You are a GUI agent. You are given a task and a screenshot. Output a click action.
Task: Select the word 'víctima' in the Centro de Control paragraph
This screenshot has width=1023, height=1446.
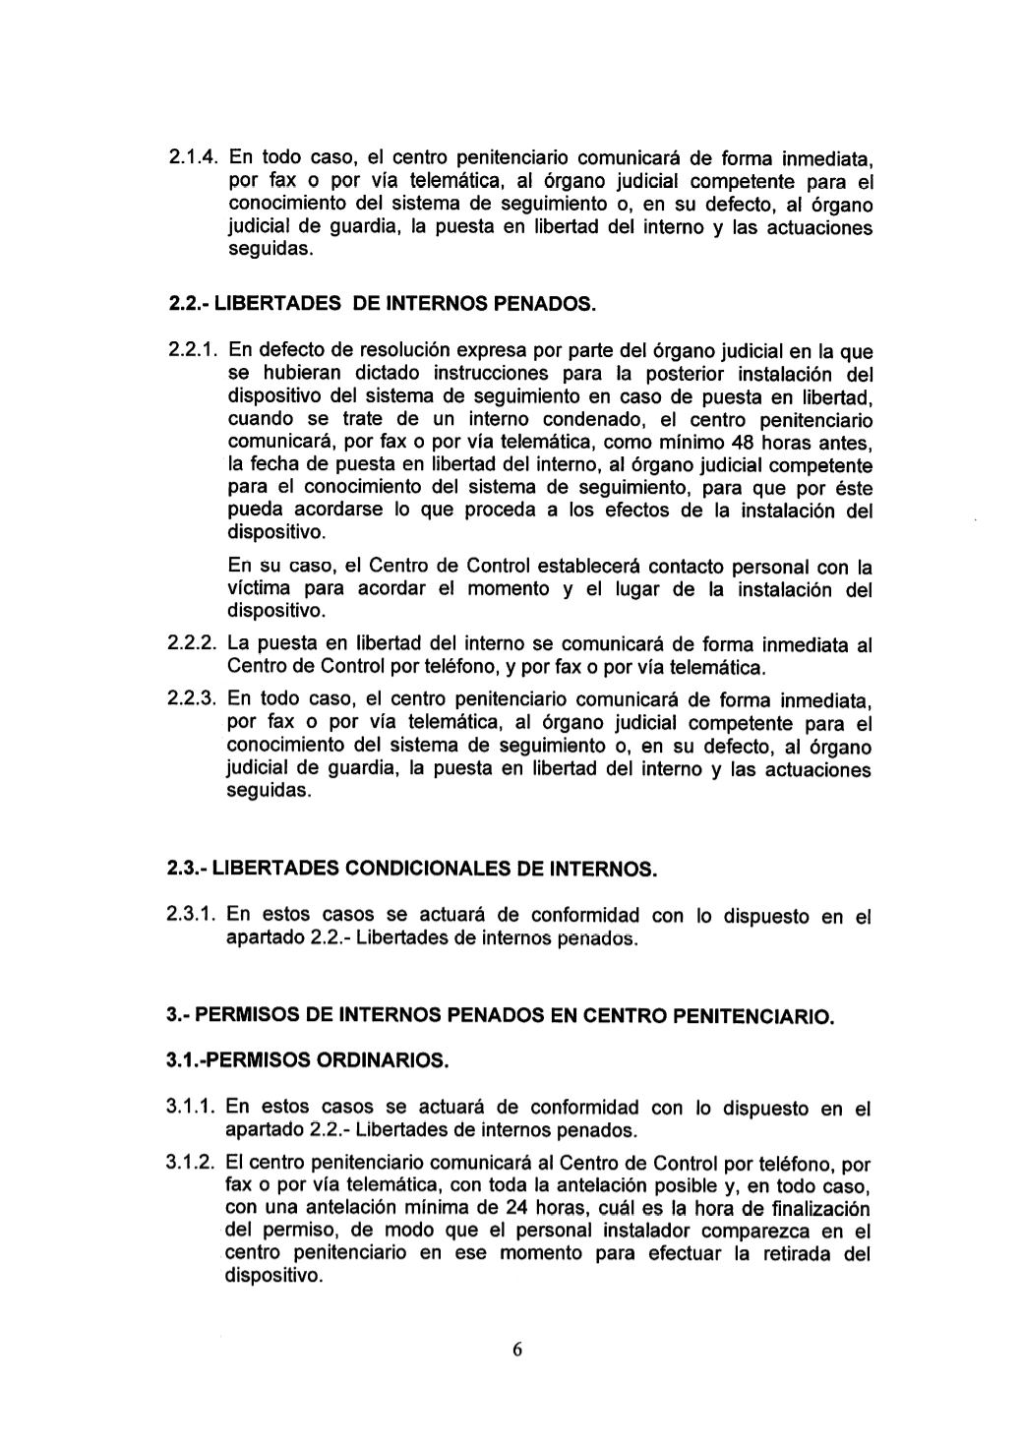(x=259, y=589)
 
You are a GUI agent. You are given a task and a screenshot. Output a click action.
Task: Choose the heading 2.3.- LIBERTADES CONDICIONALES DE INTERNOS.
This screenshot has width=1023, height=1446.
(x=410, y=870)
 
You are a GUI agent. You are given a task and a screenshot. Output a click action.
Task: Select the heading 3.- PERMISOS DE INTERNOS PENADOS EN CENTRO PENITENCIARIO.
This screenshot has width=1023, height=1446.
(x=500, y=1014)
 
